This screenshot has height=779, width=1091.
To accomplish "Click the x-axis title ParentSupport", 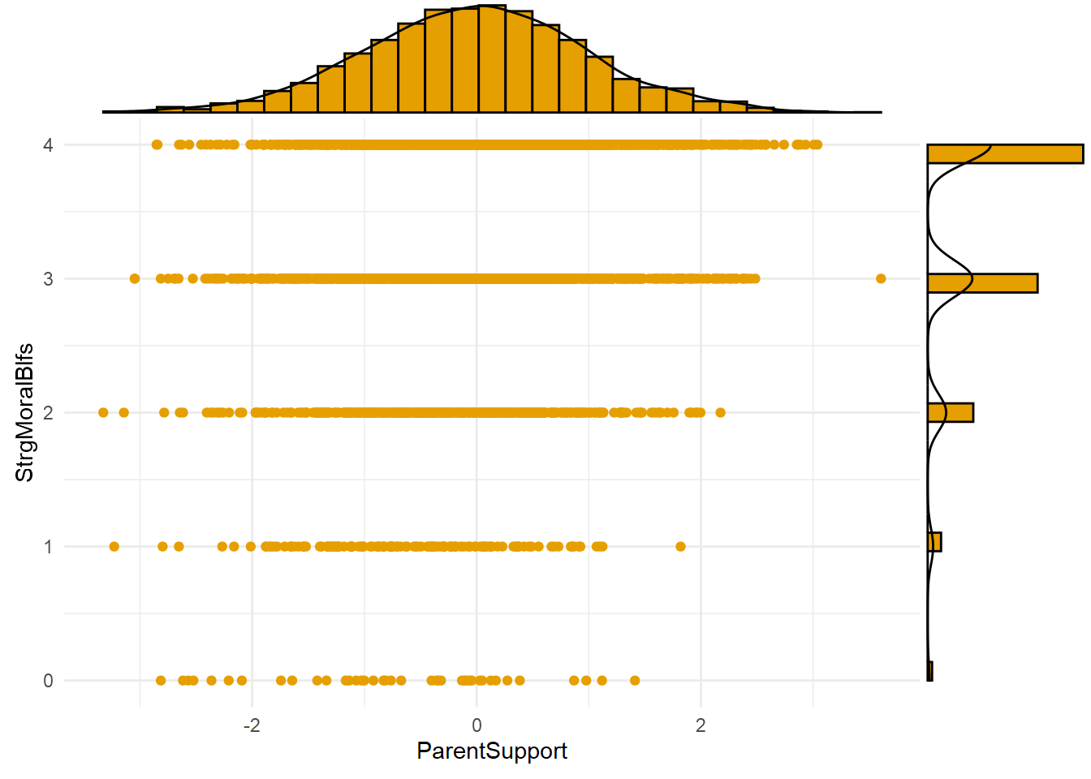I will pyautogui.click(x=492, y=751).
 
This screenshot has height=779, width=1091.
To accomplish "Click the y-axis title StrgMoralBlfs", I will pyautogui.click(x=25, y=412).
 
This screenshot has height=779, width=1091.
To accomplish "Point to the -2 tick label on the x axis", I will pyautogui.click(x=252, y=725).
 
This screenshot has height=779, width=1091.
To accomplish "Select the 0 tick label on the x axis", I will pyautogui.click(x=477, y=725).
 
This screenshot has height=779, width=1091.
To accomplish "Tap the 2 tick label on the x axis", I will pyautogui.click(x=701, y=725).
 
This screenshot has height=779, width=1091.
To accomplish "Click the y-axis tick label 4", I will pyautogui.click(x=49, y=145).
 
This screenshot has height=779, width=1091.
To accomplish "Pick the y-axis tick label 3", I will pyautogui.click(x=49, y=279).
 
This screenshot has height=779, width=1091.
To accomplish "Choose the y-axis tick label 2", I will pyautogui.click(x=49, y=413).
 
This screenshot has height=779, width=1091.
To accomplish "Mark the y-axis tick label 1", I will pyautogui.click(x=49, y=547).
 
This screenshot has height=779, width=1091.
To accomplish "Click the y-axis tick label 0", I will pyautogui.click(x=49, y=681).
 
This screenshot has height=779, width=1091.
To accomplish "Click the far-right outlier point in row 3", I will pyautogui.click(x=881, y=279).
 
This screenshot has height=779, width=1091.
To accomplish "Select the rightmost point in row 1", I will pyautogui.click(x=680, y=546).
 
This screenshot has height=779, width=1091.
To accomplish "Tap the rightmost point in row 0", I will pyautogui.click(x=635, y=680).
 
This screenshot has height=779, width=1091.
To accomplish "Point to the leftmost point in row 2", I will pyautogui.click(x=103, y=412).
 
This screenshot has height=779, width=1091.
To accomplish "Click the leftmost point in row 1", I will pyautogui.click(x=114, y=546).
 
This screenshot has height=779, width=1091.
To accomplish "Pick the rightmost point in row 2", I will pyautogui.click(x=720, y=412).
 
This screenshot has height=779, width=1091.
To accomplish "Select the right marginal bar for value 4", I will pyautogui.click(x=1005, y=154).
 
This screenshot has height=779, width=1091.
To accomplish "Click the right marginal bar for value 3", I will pyautogui.click(x=982, y=283).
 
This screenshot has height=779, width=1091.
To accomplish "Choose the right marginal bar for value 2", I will pyautogui.click(x=950, y=412).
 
